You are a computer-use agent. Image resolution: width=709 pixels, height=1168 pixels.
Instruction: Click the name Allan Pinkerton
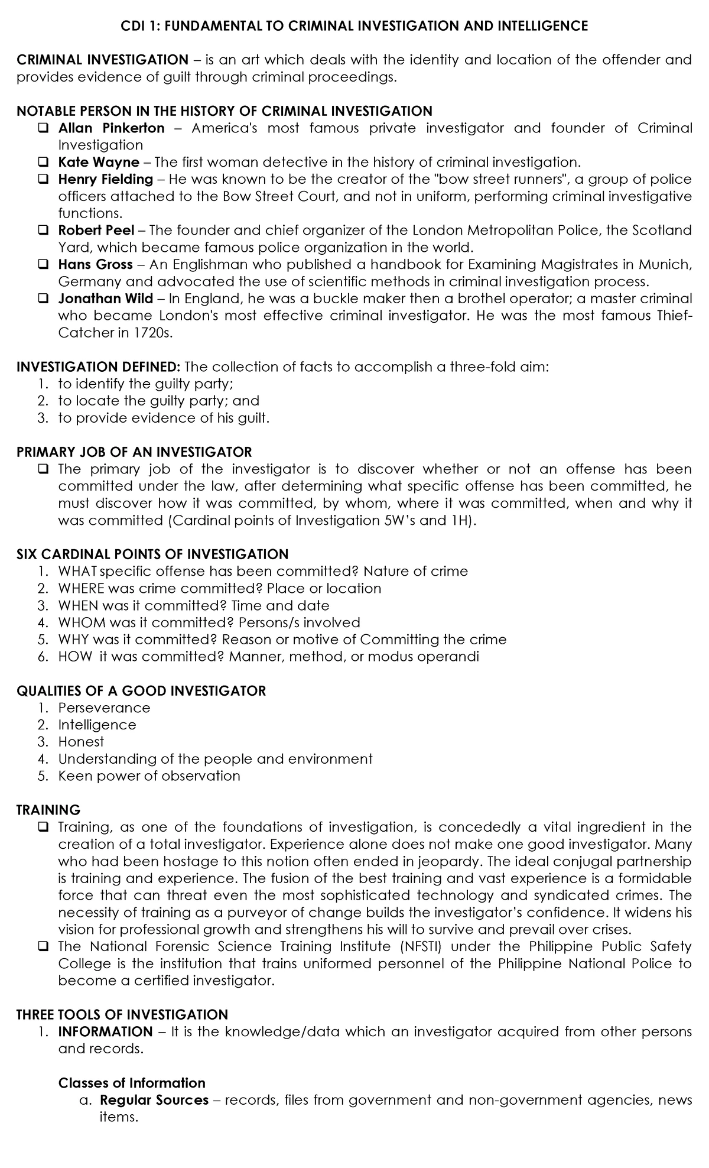tap(111, 128)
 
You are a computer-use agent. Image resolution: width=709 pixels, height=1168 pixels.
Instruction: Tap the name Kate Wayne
tap(99, 162)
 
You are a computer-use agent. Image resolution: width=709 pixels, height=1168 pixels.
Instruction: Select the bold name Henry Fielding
tap(105, 179)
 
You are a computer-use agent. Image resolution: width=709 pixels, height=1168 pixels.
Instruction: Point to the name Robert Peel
tap(96, 230)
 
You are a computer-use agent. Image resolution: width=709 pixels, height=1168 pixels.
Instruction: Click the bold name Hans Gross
tap(95, 264)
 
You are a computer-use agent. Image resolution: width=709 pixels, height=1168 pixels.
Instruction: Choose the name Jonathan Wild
tap(105, 299)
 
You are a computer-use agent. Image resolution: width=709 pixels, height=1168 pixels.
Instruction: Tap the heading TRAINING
tap(48, 810)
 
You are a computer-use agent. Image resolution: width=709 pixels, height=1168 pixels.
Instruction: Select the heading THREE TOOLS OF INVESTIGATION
tap(122, 1015)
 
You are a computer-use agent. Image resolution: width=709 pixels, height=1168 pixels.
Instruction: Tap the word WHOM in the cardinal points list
tap(82, 622)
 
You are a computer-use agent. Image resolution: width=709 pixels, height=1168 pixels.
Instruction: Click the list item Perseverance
tap(104, 708)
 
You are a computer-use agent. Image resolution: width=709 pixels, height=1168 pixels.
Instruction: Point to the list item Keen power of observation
tap(149, 776)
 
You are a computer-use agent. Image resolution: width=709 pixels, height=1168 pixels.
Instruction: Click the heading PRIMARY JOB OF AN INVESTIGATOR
tap(134, 452)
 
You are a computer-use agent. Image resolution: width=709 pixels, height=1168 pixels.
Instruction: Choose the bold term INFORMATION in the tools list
tap(105, 1032)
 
